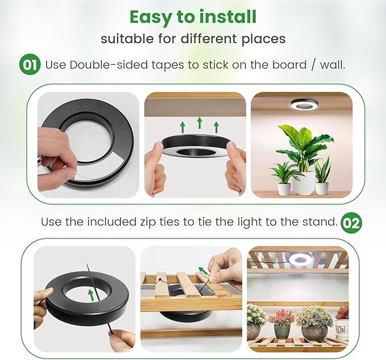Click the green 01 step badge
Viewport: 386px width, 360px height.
(30, 64)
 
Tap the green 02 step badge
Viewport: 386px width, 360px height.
(351, 222)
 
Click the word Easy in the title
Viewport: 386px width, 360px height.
(152, 16)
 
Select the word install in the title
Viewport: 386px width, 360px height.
(226, 16)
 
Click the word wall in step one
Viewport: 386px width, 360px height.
(331, 65)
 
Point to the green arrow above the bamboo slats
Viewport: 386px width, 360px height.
(203, 271)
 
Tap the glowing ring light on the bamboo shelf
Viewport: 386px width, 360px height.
(300, 258)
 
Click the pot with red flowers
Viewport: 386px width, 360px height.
(281, 329)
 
